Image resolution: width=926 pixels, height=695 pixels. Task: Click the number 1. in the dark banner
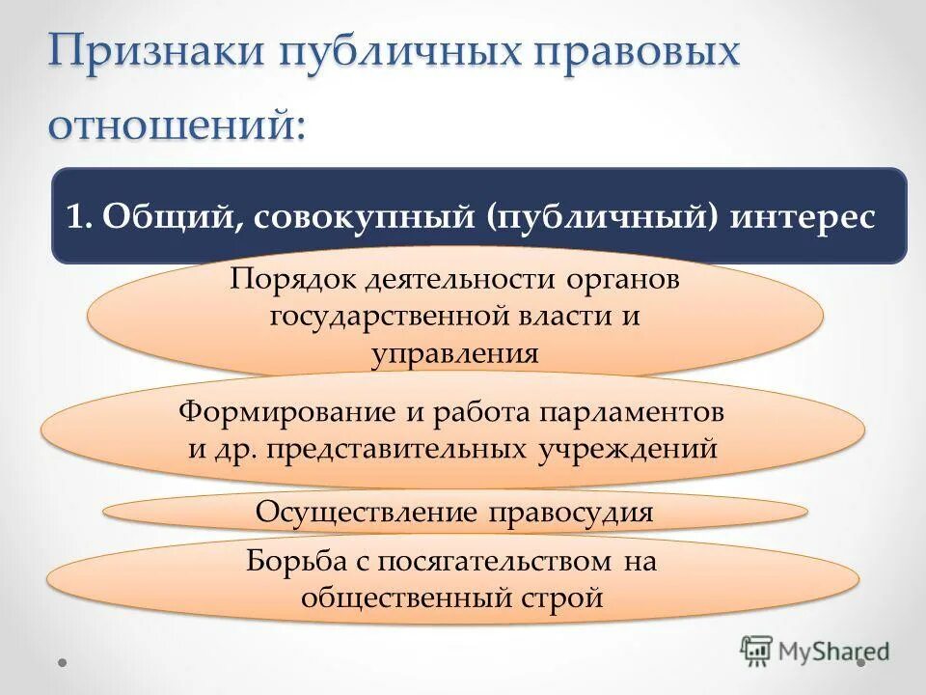pos(79,216)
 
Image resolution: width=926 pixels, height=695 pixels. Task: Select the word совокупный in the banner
pos(368,216)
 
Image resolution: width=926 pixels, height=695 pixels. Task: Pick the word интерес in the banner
pos(803,216)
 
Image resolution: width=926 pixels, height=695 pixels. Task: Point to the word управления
pos(454,352)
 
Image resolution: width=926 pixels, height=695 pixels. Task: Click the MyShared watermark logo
pos(815,651)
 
